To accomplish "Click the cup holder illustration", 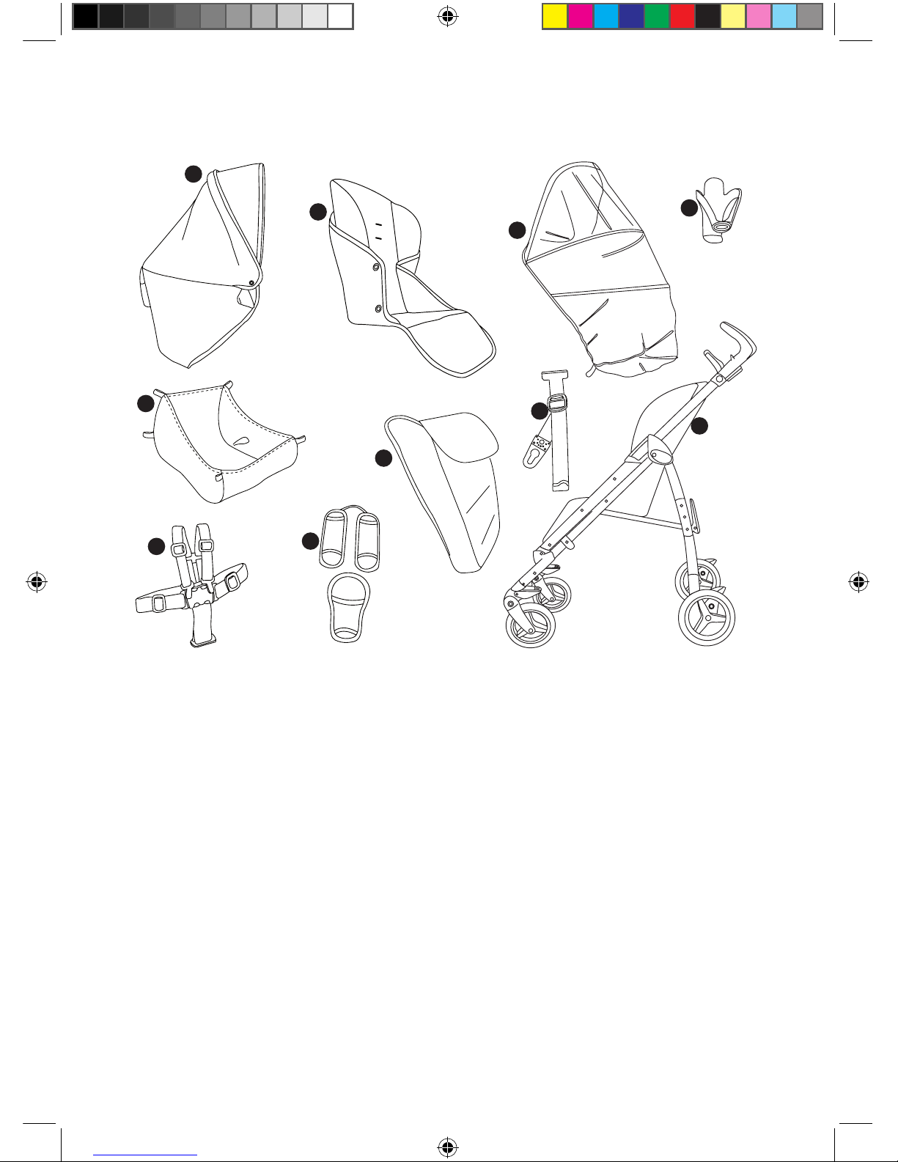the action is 719,210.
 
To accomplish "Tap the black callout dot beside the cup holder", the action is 688,208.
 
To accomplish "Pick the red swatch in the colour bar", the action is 682,16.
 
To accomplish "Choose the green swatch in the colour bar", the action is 657,16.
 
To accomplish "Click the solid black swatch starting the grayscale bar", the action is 86,16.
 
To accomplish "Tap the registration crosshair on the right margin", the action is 858,583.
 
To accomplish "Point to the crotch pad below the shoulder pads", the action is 345,607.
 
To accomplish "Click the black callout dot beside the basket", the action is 145,403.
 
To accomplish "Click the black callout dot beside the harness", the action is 155,546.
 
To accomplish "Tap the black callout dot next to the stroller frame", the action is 700,424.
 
